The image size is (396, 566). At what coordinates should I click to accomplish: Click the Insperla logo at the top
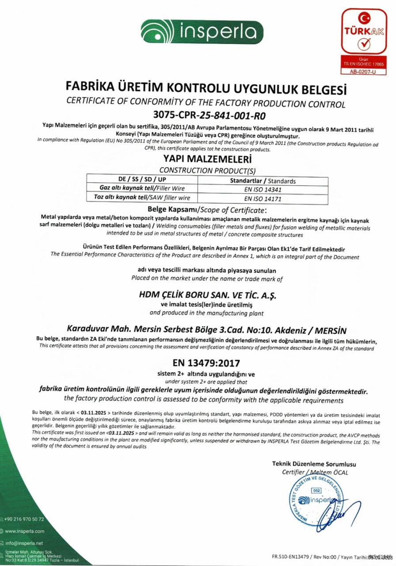coord(202,31)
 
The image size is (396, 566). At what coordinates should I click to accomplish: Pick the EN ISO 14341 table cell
coord(263,189)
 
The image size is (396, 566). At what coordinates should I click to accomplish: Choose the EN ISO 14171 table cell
coord(263,199)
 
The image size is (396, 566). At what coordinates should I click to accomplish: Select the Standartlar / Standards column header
coord(263,181)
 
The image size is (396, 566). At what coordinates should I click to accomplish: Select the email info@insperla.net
coord(24,543)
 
